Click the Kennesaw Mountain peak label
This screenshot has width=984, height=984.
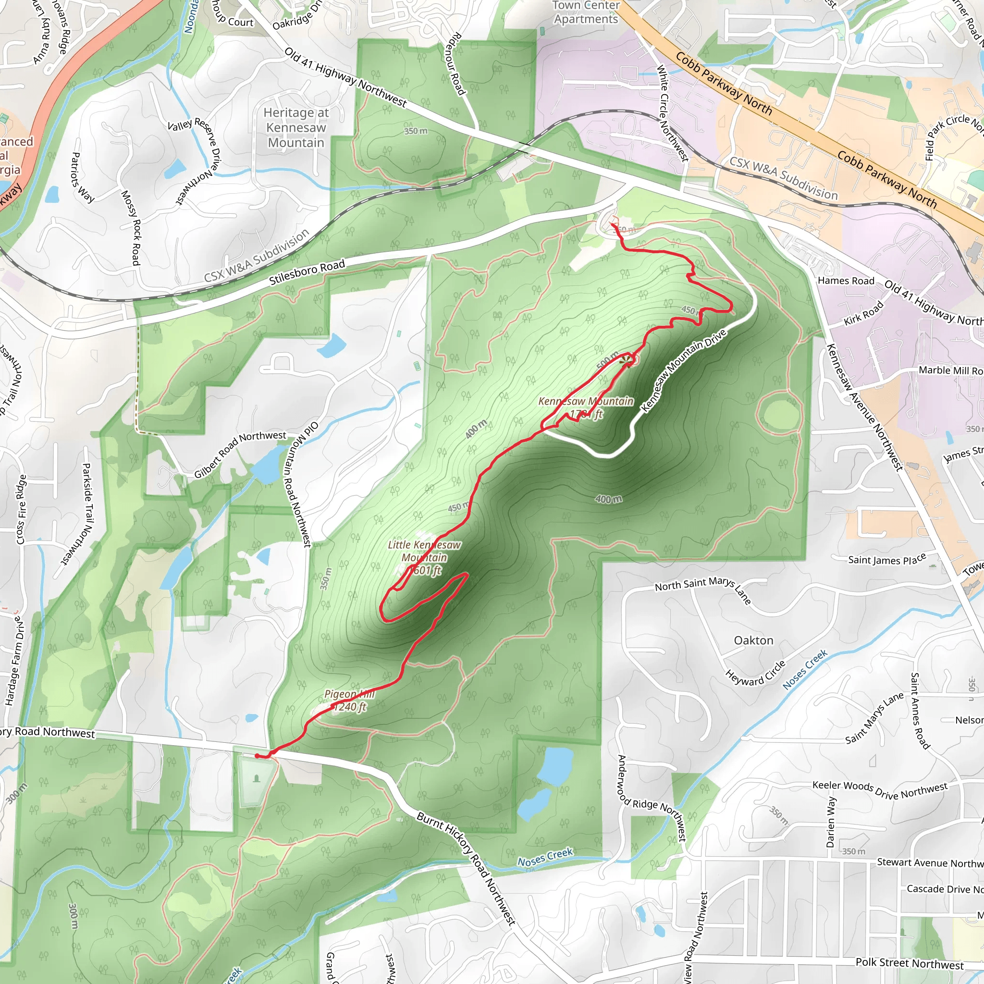coord(586,407)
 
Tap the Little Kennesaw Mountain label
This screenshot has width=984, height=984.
coord(424,558)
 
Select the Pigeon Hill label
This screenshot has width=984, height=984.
coord(349,701)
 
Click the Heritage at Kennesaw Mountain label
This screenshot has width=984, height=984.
coord(296,127)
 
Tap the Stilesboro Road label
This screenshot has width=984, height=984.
coord(307,272)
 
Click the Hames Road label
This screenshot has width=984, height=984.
coord(846,281)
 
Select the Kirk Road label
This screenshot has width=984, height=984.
coord(863,314)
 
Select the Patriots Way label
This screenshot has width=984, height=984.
coord(83,177)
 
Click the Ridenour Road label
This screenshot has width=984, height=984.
coord(456,64)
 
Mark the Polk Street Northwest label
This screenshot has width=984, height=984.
coord(909,963)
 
